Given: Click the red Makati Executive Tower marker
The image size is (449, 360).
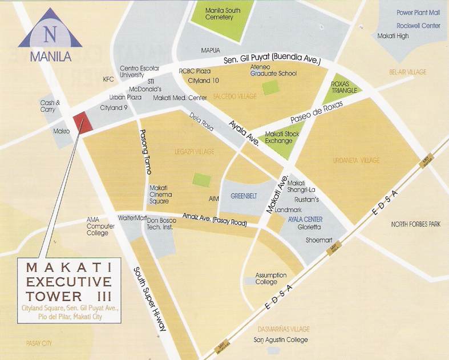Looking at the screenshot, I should [82, 122].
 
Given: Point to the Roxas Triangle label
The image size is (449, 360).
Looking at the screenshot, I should [344, 87].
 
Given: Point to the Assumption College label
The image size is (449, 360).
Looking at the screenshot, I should [270, 278].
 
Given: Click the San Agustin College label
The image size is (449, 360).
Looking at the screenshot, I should [281, 340].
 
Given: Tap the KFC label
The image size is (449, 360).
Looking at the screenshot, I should [108, 79].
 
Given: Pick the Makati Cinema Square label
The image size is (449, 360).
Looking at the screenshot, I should [159, 194].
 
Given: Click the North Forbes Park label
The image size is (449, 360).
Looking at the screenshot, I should [416, 224].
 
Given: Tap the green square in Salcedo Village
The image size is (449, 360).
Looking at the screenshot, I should [270, 88].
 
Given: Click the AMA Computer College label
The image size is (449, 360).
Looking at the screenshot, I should [100, 226].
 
